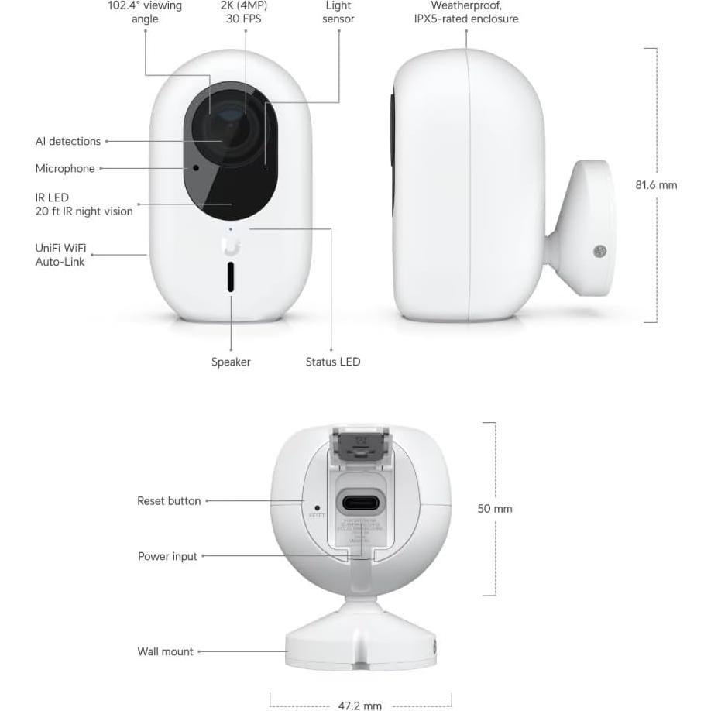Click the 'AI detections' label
(68, 141)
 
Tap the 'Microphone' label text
(65, 168)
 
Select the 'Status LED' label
(332, 362)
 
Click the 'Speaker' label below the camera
(231, 362)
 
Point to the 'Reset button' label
(169, 501)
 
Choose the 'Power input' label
(167, 556)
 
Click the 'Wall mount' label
(165, 651)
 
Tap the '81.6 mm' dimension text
(656, 185)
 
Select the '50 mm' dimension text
(495, 509)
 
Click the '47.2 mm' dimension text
(360, 706)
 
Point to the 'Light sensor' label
(338, 12)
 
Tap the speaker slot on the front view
(231, 276)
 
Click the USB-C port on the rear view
(361, 503)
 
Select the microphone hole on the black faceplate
(196, 167)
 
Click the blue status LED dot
(230, 229)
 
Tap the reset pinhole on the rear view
(318, 507)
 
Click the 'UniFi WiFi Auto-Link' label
(61, 255)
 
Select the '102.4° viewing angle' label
(145, 12)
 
